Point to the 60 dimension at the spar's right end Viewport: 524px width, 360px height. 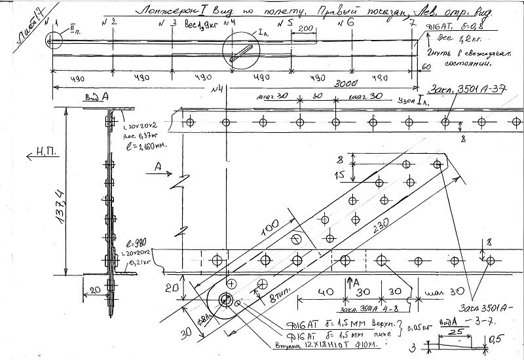tap(425, 67)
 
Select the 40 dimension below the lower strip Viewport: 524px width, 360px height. tap(322, 292)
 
